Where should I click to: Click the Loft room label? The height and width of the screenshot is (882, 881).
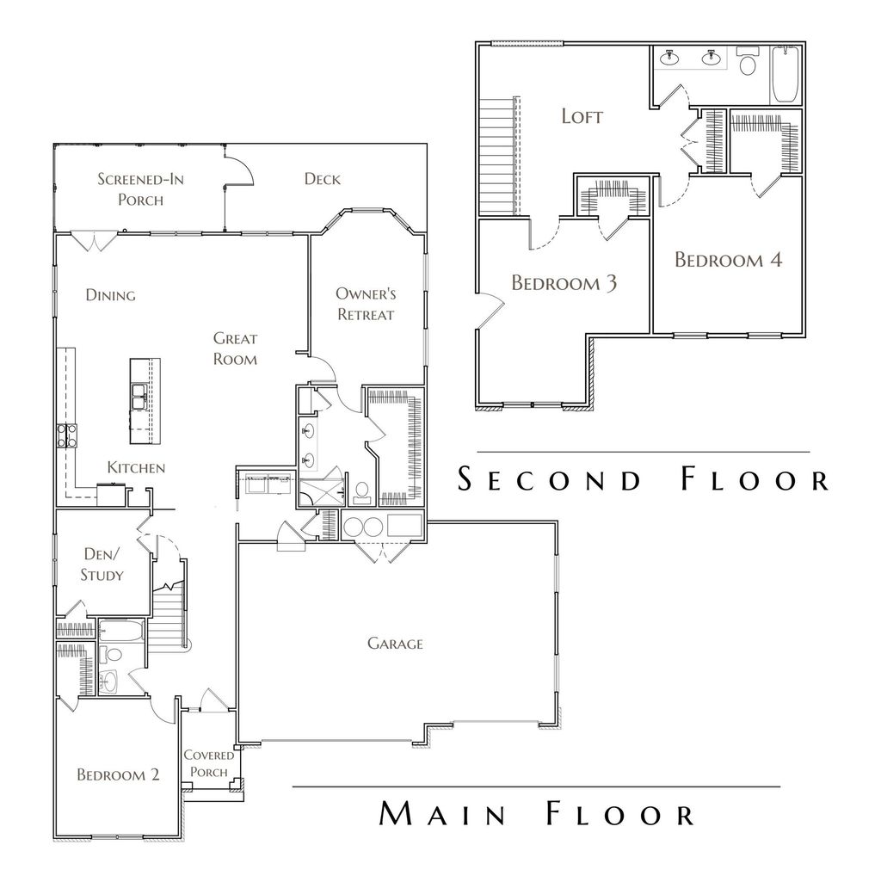[x=582, y=116]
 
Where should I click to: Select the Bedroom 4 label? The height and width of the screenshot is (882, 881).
[x=728, y=260]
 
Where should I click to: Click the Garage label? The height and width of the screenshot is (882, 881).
[x=395, y=643]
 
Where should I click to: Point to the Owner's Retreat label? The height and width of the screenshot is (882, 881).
[x=365, y=304]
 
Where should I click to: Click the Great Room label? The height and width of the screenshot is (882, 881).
[x=235, y=348]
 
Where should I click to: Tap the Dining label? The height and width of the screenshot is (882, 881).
[x=110, y=295]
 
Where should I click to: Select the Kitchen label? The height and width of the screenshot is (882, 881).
[x=136, y=468]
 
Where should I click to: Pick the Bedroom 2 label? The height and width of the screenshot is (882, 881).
[x=118, y=774]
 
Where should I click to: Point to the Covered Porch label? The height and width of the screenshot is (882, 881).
[x=208, y=763]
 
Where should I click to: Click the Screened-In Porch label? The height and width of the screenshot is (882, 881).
[x=140, y=189]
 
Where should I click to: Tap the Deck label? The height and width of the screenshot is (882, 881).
[x=322, y=179]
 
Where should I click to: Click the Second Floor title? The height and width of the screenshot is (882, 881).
[x=643, y=479]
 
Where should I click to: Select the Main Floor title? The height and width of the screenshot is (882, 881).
[x=536, y=813]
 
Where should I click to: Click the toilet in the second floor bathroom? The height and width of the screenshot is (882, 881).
[x=747, y=64]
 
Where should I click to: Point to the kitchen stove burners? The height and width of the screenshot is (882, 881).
[x=67, y=435]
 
